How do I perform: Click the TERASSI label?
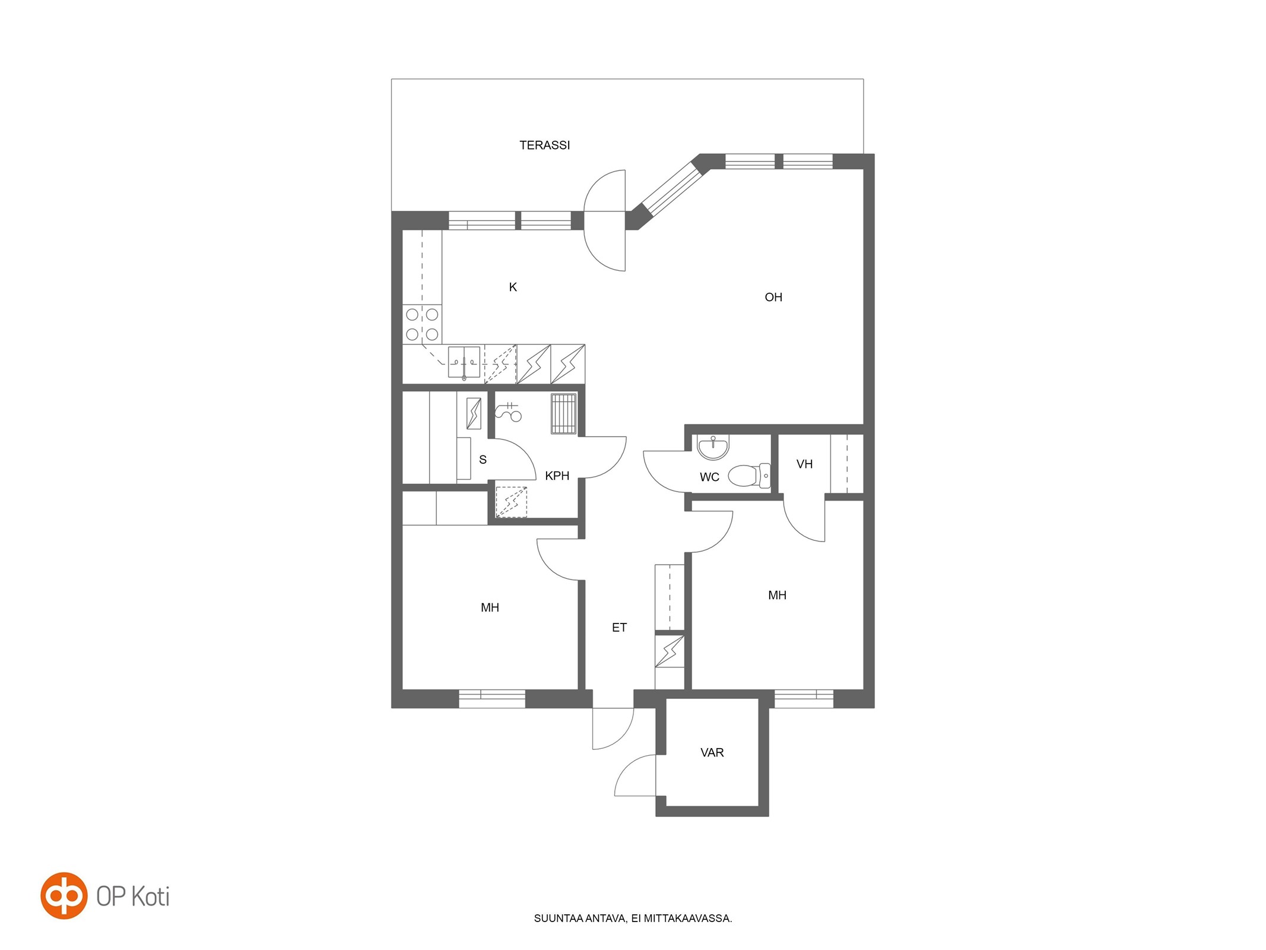tap(544, 145)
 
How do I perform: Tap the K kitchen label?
tap(513, 287)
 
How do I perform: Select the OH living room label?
tap(773, 297)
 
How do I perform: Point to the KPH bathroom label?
tap(557, 476)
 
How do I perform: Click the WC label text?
tap(709, 477)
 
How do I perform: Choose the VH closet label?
tap(804, 464)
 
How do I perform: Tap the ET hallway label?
tap(619, 628)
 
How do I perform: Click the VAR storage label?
tap(712, 753)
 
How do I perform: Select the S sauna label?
tap(483, 460)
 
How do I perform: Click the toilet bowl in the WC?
tap(748, 476)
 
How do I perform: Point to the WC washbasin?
tap(713, 447)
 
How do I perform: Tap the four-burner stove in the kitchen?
tap(422, 324)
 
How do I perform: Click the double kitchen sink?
tap(464, 362)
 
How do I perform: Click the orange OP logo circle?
tap(64, 895)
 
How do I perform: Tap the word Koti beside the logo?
tap(150, 897)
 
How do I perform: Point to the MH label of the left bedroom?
tap(490, 607)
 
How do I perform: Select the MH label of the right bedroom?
tap(777, 595)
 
